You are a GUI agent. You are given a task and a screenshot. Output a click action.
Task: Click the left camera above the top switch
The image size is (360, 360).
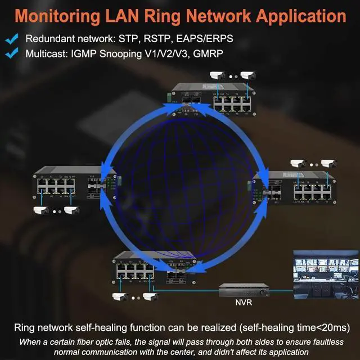[x=217, y=75]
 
